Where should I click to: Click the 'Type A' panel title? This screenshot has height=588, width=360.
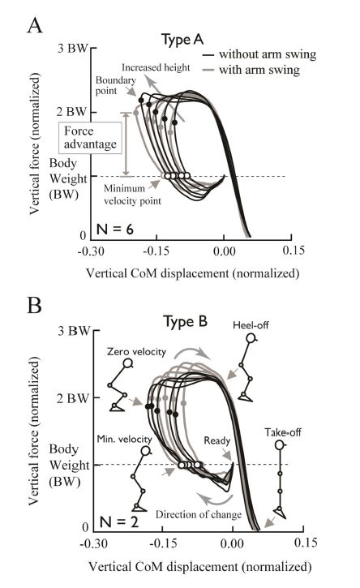182,40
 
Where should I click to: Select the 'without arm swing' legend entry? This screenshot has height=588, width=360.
259,54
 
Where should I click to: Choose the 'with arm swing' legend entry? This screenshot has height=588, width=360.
251,70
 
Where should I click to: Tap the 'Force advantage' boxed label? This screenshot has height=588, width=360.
90,138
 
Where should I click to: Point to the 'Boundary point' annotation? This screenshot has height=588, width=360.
115,85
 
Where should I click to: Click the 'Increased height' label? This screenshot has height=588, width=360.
156,67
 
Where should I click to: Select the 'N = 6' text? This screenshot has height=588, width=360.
114,229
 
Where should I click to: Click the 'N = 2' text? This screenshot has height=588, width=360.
119,521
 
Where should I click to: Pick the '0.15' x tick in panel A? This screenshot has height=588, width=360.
294,251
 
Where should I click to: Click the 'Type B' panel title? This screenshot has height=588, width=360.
185,322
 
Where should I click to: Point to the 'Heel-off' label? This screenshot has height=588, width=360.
251,324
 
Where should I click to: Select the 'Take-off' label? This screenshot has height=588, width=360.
283,432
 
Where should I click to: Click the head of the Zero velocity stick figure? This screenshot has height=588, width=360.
128,363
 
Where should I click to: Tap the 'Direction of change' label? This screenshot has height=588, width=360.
199,514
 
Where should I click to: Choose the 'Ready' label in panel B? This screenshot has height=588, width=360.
216,440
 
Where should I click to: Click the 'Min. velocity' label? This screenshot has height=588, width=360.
125,439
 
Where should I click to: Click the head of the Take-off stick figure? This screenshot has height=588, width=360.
280,445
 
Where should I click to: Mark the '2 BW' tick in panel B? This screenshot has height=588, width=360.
73,398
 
